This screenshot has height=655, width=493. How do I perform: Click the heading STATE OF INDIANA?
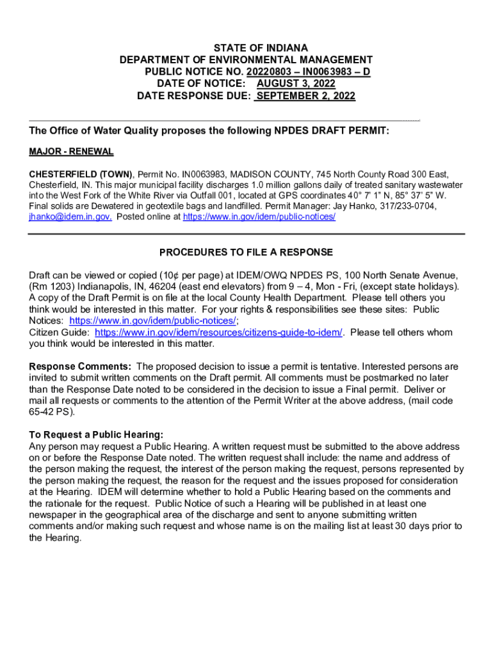click(x=247, y=48)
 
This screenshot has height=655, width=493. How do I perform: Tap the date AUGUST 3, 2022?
click(x=295, y=84)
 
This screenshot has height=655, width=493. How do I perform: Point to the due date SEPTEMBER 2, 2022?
click(x=305, y=97)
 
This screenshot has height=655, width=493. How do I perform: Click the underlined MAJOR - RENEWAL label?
click(x=71, y=152)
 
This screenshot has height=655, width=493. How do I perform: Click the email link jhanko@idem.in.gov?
click(x=70, y=217)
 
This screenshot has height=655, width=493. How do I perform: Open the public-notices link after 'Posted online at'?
click(x=259, y=217)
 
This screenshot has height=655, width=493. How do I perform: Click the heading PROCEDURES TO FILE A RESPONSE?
click(x=246, y=253)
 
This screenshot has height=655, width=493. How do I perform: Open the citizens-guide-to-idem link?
click(x=218, y=333)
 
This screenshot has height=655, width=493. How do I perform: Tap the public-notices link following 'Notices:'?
click(x=152, y=321)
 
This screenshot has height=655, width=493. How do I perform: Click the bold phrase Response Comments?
click(x=81, y=367)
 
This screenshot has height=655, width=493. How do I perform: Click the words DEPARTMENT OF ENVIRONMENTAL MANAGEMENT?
click(x=246, y=60)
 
